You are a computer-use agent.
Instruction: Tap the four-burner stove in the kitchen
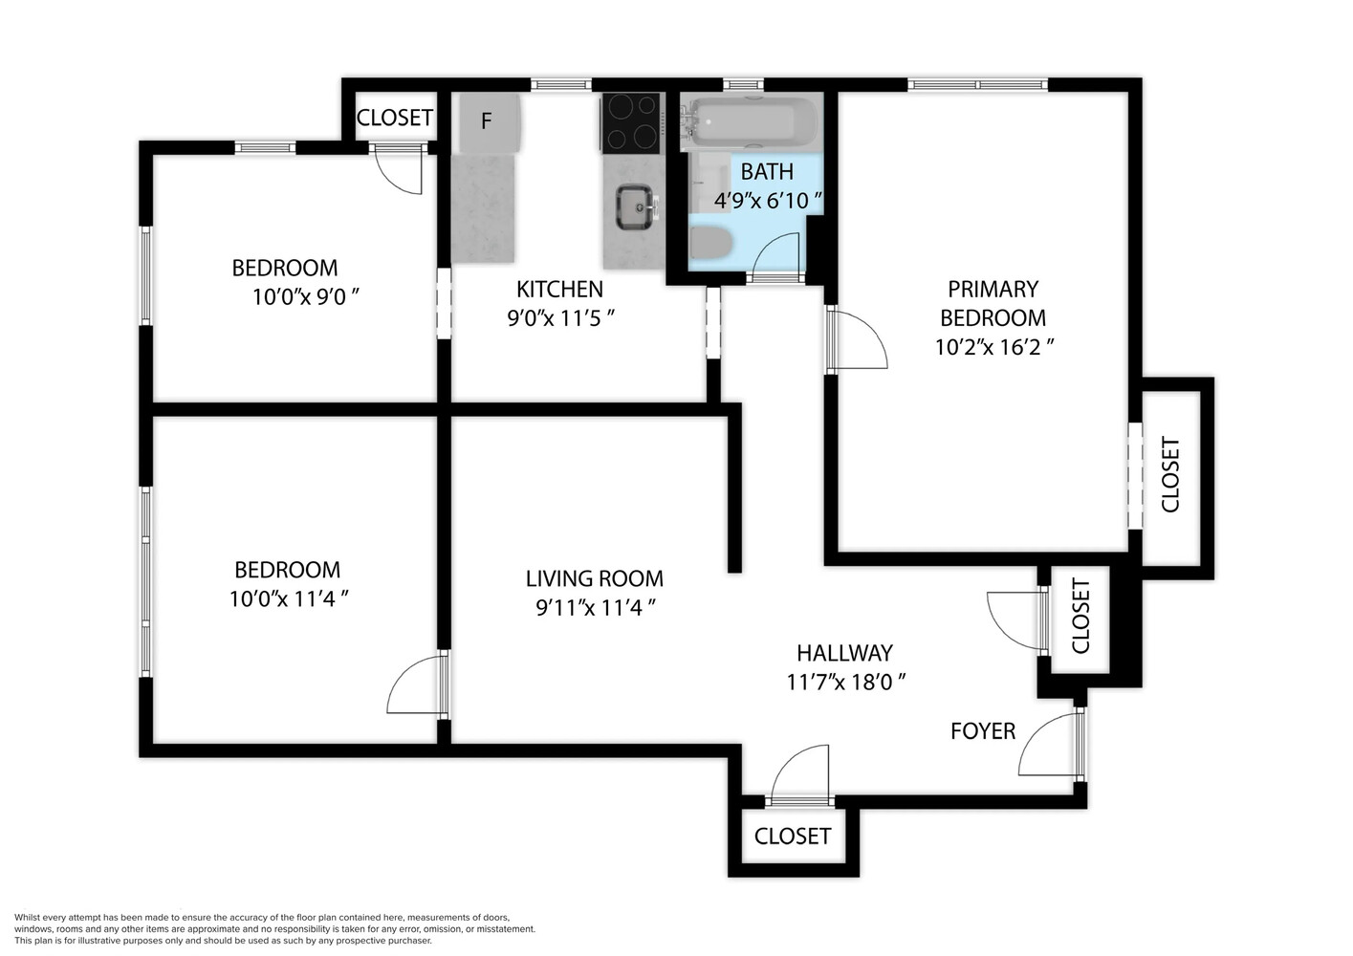(x=631, y=122)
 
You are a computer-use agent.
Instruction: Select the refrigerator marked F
(x=487, y=122)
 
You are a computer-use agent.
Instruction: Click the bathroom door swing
(x=776, y=255)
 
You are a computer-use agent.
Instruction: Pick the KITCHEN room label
(x=559, y=289)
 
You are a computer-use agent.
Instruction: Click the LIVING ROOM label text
(x=594, y=578)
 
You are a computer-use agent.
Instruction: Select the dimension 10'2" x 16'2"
(x=993, y=346)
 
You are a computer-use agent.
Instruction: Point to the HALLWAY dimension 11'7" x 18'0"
(x=845, y=682)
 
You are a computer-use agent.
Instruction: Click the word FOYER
(x=982, y=731)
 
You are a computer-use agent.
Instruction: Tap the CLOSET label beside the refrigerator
(x=394, y=118)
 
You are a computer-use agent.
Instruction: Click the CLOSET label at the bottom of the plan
(x=792, y=836)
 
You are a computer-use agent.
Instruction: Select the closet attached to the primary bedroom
(x=1171, y=475)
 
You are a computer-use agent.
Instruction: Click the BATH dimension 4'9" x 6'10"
(x=768, y=201)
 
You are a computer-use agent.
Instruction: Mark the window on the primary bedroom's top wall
(x=977, y=85)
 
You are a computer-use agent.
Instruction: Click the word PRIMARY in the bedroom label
(x=993, y=289)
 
